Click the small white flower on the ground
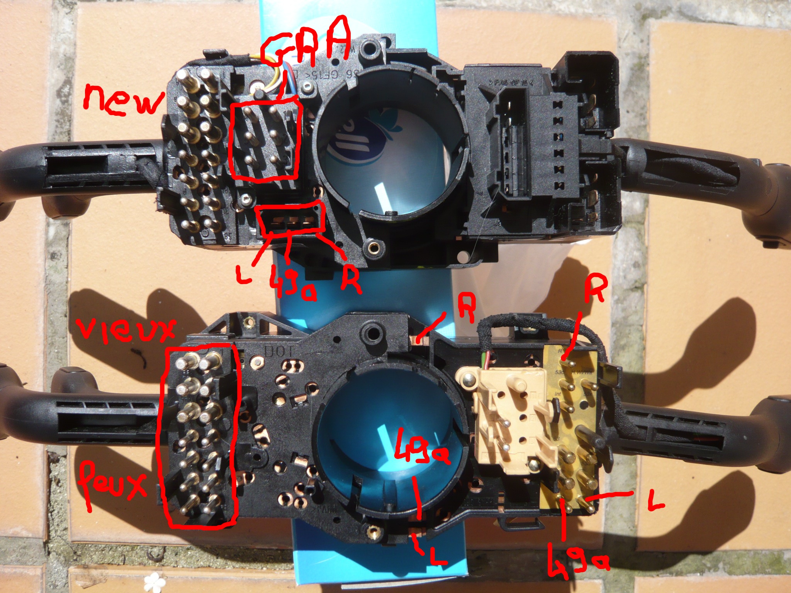pos(155,579)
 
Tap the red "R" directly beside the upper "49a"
pos(350,278)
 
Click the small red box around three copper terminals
pos(290,220)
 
